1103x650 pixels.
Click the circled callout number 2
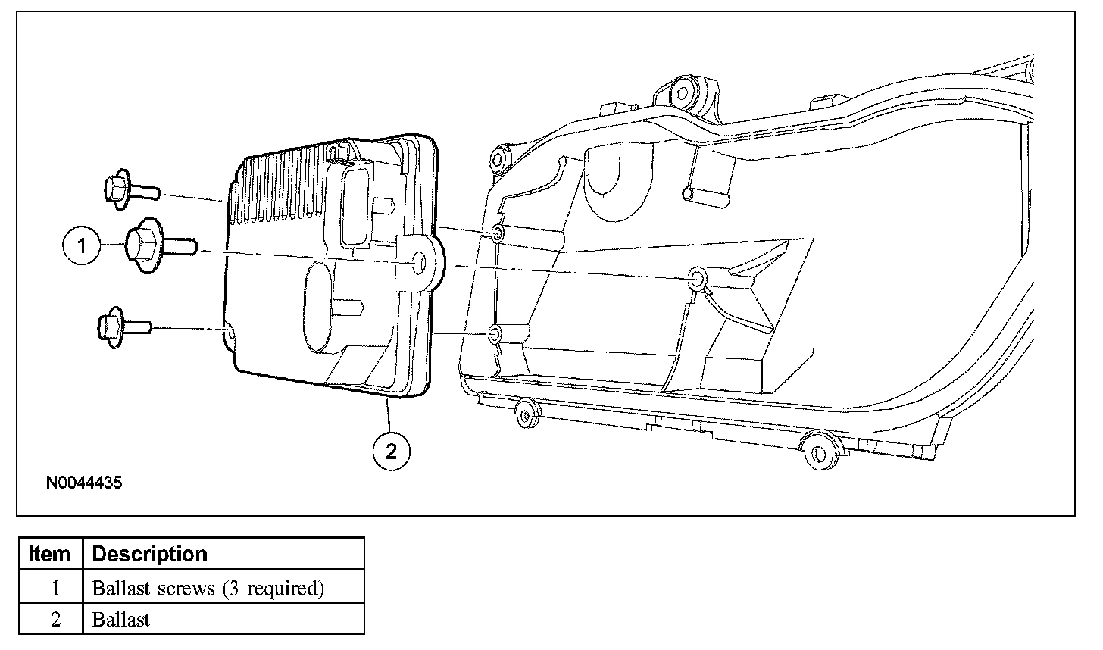pos(391,452)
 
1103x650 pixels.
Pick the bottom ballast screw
pos(124,327)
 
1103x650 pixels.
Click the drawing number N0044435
pos(84,482)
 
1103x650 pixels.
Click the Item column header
pos(49,554)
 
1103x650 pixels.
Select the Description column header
pos(149,554)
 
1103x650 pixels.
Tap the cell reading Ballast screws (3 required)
pos(207,588)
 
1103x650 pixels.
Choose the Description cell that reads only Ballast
pos(121,619)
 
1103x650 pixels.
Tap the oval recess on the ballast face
pos(324,307)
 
